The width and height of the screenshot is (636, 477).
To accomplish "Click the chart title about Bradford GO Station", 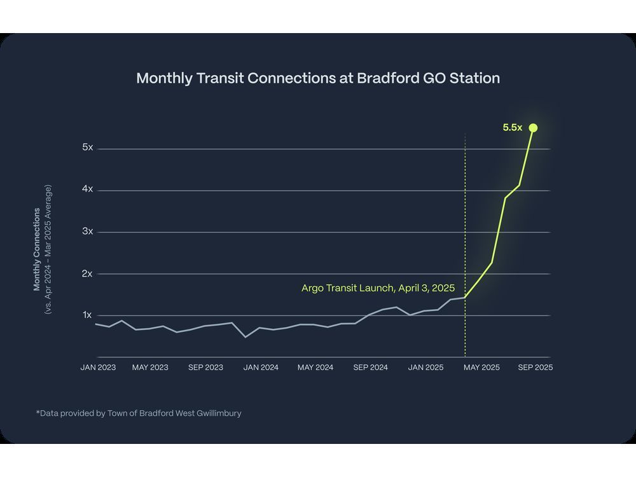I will [x=318, y=78].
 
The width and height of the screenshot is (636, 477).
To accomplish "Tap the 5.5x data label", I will [x=512, y=128].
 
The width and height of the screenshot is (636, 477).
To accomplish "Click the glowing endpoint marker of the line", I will [x=533, y=128].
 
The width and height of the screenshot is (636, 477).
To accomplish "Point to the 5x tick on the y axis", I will [x=87, y=148].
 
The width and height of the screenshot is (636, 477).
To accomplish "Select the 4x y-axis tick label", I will [x=87, y=190].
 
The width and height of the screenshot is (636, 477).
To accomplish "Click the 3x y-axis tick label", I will [x=87, y=232].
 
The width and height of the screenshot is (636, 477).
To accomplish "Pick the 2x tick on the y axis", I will [x=87, y=273].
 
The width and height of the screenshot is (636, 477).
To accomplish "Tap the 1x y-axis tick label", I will [x=87, y=315].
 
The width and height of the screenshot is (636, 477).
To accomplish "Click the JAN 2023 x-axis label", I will [x=98, y=368].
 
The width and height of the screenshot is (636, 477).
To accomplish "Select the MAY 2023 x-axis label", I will [x=150, y=368].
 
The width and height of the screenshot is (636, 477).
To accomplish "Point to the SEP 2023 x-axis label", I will [x=205, y=368].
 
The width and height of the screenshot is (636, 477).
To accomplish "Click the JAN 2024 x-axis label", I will [x=261, y=368].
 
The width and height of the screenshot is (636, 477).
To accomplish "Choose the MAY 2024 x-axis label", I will [x=315, y=368].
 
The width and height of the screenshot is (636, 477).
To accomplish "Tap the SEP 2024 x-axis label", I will [x=370, y=368].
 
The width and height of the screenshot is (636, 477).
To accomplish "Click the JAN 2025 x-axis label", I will [x=425, y=368].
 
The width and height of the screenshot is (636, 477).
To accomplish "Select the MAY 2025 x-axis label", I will [x=481, y=368].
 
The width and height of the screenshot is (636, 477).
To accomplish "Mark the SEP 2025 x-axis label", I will [x=535, y=368].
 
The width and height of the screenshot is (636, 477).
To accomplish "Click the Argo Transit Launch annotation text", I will [x=378, y=288].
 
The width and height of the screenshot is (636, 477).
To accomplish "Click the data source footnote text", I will [x=139, y=413].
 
